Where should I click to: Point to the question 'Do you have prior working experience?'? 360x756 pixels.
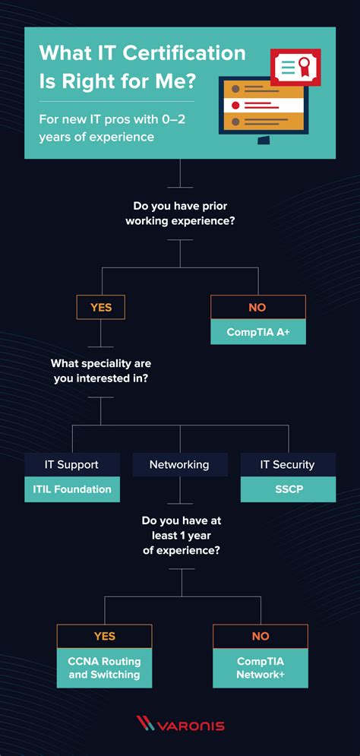click(180, 214)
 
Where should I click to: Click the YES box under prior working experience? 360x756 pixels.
click(101, 307)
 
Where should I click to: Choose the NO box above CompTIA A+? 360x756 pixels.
click(258, 307)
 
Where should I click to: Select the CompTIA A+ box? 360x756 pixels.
click(258, 332)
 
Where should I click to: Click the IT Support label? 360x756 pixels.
click(71, 464)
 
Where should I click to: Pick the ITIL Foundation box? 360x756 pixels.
click(71, 489)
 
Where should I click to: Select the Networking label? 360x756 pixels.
click(179, 464)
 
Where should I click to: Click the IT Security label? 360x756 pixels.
click(287, 464)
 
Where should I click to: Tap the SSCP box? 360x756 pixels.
click(287, 489)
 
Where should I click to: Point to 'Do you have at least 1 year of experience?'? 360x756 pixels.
click(181, 536)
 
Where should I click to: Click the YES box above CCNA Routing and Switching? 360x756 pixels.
click(105, 636)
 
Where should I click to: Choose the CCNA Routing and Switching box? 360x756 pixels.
click(105, 668)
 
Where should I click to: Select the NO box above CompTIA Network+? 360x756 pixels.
click(261, 636)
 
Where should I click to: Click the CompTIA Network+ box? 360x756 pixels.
click(261, 668)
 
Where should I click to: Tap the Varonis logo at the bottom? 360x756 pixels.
click(180, 725)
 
